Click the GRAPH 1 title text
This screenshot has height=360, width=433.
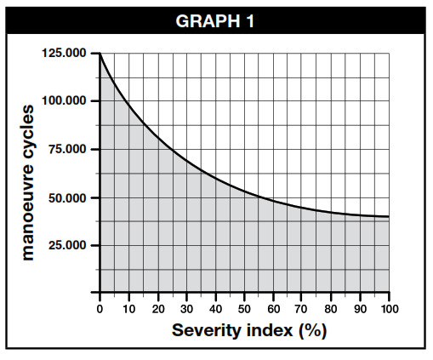[x=216, y=20]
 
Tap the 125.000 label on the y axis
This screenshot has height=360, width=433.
[x=64, y=54]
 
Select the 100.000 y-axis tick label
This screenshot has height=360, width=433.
[x=64, y=101]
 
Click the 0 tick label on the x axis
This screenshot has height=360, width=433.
[x=100, y=308]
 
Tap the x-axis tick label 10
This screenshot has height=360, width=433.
[x=129, y=308]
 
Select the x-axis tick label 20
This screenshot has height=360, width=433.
[x=158, y=308]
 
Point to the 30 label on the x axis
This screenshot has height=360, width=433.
[x=187, y=308]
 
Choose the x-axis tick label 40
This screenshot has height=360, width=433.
[x=216, y=308]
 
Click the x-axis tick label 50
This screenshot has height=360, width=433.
[x=245, y=308]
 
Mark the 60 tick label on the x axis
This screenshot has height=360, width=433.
[x=274, y=308]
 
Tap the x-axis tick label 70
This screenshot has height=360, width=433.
[x=303, y=308]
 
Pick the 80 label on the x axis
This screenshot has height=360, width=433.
[x=332, y=308]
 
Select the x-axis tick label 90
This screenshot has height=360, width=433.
[x=361, y=308]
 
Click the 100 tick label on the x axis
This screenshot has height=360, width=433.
[x=389, y=308]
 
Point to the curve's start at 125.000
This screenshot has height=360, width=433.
[x=100, y=54]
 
